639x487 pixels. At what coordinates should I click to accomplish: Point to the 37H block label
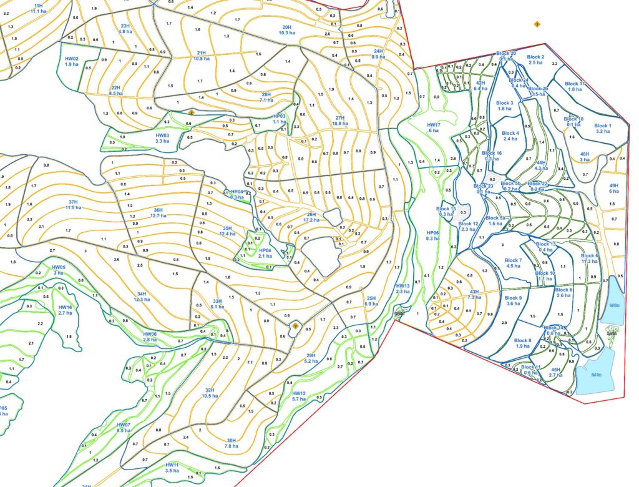[x=73, y=204]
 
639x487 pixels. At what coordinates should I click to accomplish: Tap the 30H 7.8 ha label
[x=231, y=443]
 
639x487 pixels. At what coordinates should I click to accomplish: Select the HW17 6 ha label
[x=434, y=127]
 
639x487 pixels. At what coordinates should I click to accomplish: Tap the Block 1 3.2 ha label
[x=602, y=129]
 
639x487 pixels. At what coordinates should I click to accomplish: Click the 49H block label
[x=613, y=189]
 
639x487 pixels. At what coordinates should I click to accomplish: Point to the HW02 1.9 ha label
[x=72, y=61]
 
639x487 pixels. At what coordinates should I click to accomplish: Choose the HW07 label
[x=124, y=428]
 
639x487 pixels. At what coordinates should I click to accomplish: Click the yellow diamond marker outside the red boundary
[x=537, y=24]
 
